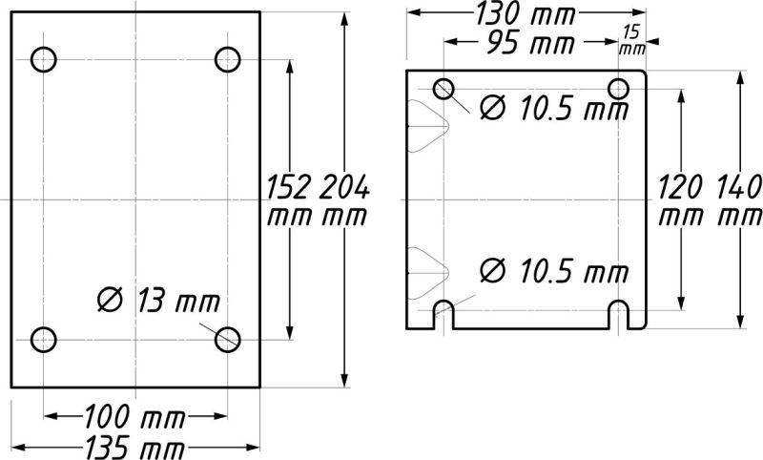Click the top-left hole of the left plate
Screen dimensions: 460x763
44,59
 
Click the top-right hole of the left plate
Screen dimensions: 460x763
227,59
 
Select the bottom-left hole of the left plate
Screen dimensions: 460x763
44,339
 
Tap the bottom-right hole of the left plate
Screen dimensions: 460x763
227,339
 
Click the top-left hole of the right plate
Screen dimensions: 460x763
443,89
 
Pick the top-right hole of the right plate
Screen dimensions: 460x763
619,89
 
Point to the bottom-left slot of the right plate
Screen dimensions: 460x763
443,313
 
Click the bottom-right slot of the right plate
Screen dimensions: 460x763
619,313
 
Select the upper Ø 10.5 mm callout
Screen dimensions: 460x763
552,109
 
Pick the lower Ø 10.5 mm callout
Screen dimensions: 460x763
552,272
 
